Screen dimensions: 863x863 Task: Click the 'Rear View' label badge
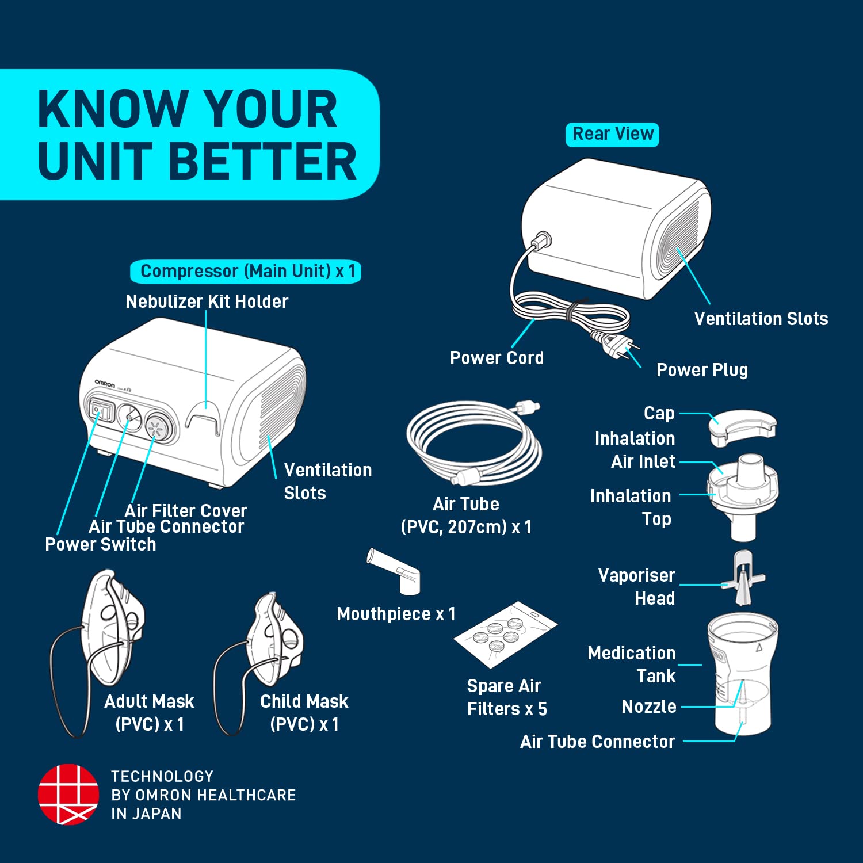(x=612, y=135)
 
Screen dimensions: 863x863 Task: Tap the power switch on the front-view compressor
(x=100, y=411)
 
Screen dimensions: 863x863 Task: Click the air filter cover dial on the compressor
(x=157, y=427)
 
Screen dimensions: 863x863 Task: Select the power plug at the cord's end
(x=616, y=346)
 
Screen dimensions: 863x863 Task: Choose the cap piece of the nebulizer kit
(x=742, y=427)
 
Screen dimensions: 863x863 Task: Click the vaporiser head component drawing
(x=743, y=578)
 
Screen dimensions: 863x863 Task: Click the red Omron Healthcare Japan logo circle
(x=68, y=794)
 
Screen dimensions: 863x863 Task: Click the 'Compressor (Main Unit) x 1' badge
(x=246, y=272)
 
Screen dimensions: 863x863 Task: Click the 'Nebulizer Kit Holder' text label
(x=207, y=301)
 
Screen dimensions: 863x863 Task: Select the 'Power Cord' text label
(x=497, y=358)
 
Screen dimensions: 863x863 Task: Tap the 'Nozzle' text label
(x=648, y=707)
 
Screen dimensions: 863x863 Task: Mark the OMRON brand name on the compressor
(x=105, y=383)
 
